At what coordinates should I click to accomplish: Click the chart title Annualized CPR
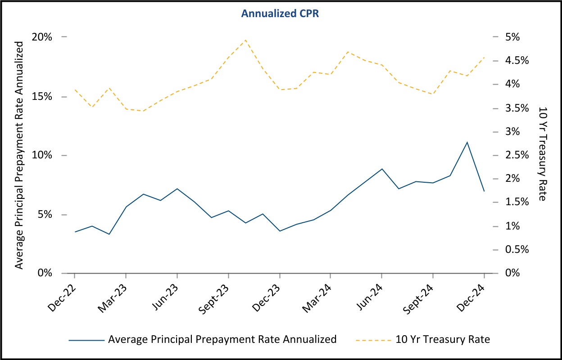click(280, 14)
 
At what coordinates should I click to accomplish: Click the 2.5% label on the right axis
click(517, 155)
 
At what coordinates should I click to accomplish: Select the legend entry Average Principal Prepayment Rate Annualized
click(222, 339)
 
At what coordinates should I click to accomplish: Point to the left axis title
click(19, 155)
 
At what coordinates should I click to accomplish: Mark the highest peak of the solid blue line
click(467, 142)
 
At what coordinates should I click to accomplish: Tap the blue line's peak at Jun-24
click(382, 169)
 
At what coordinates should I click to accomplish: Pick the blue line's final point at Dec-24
click(484, 191)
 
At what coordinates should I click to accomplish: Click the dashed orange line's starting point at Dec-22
click(75, 90)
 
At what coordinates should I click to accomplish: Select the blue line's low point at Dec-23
click(280, 231)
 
